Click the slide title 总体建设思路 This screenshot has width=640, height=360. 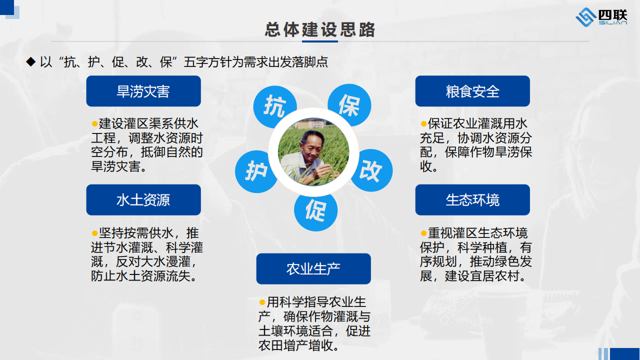(x=319, y=29)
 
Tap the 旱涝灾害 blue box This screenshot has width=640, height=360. (x=143, y=91)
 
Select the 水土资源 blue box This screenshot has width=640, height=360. (x=143, y=199)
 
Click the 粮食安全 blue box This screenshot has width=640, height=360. (x=472, y=91)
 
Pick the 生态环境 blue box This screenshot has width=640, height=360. (x=472, y=199)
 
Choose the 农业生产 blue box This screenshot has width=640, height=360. (x=313, y=268)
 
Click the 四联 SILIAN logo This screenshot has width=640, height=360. (x=601, y=17)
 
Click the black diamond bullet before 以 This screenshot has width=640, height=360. (x=31, y=61)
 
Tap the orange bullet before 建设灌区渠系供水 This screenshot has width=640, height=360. (x=94, y=123)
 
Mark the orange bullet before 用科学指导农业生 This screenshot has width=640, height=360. (x=262, y=302)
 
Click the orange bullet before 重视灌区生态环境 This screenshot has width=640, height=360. (x=423, y=233)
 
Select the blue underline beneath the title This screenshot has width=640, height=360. (x=320, y=41)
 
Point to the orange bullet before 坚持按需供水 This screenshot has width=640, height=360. (x=94, y=233)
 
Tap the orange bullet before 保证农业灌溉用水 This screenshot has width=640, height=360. (x=423, y=123)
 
